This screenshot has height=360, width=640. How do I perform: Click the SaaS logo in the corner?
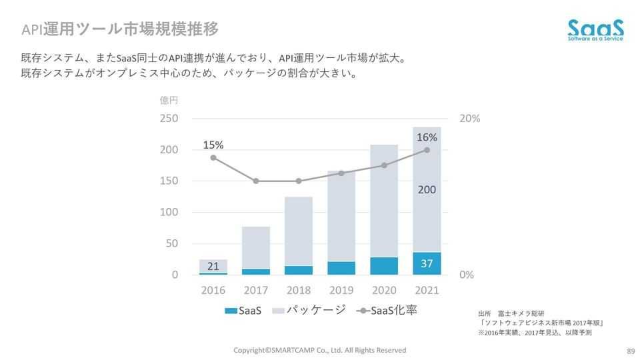pos(595,30)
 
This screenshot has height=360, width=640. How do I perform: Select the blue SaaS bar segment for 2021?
pos(427,263)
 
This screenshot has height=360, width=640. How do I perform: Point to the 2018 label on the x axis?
pos(299,291)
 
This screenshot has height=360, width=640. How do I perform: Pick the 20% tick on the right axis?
pos(470,119)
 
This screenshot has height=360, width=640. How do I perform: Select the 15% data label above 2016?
pos(213,145)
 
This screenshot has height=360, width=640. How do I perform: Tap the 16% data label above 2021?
pos(427,137)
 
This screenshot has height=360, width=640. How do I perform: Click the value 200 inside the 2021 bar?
pos(427,190)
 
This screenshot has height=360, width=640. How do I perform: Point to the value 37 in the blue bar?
pos(427,263)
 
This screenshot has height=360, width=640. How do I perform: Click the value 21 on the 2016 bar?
pos(213,267)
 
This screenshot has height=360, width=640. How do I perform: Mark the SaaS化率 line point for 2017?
pos(256,181)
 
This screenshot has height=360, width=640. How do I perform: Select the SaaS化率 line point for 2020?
pos(384,165)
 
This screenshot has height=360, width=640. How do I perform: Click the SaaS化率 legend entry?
pos(387,311)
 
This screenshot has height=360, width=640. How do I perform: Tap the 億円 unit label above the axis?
pos(169,101)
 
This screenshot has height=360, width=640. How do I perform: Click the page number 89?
pos(630,351)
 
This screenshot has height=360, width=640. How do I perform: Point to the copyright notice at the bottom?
pos(319,350)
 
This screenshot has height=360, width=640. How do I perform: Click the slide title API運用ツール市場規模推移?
pos(120,29)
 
